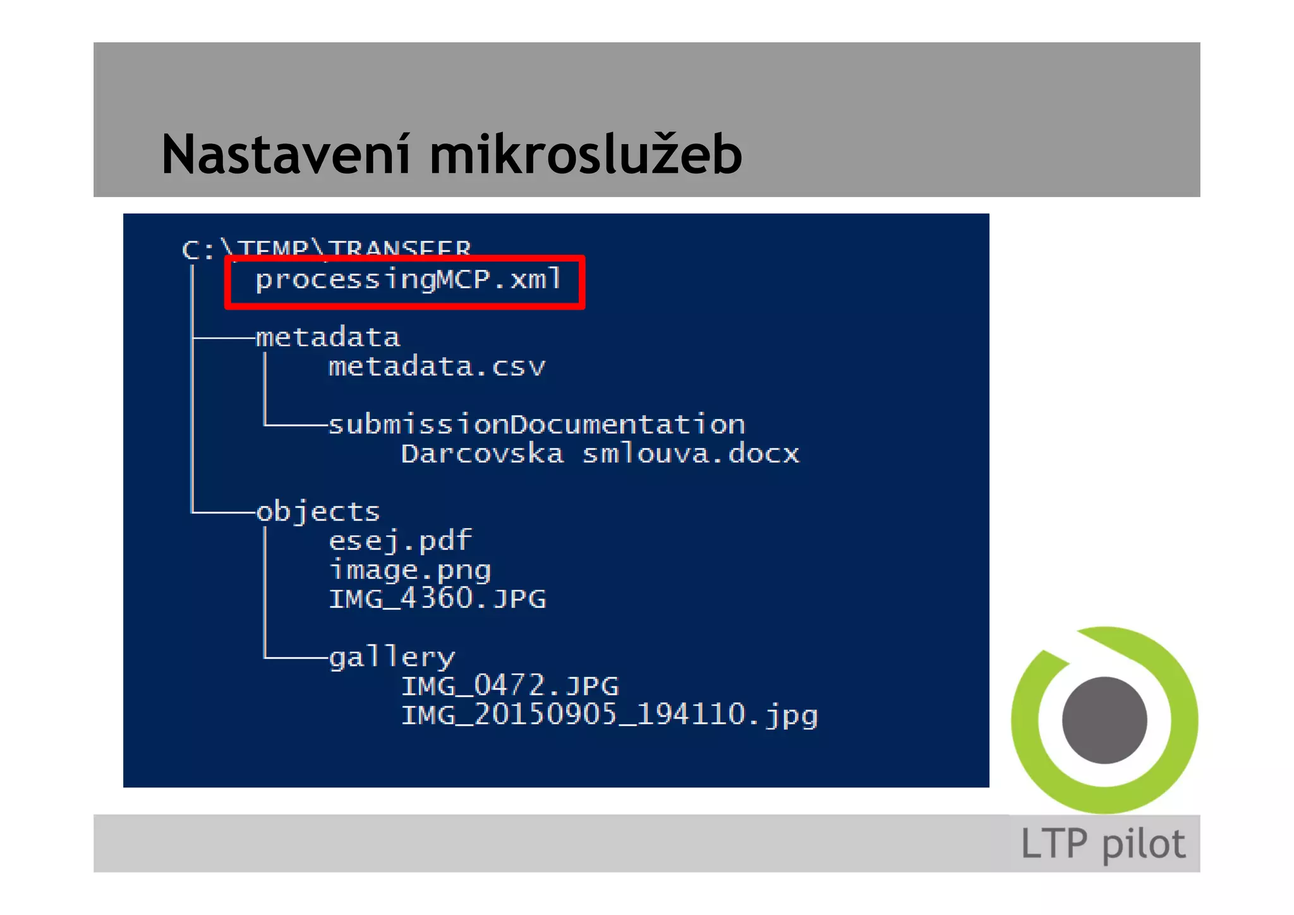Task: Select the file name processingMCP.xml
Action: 408,279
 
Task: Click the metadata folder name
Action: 327,337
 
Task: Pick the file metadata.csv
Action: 437,367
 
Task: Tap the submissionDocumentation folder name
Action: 536,425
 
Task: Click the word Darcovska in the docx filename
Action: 482,454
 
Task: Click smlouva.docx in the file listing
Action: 690,454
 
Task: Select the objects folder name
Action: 318,512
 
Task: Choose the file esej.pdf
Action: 400,541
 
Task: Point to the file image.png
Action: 410,570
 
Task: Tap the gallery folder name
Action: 392,658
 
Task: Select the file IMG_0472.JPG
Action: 510,686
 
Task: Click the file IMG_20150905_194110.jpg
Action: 609,715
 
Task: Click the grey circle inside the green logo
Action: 1104,720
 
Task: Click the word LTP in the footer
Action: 1054,844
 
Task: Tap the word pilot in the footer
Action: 1144,844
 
